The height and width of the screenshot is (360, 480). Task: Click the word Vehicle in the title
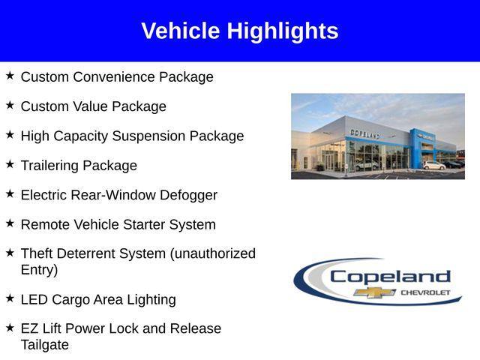point(181,31)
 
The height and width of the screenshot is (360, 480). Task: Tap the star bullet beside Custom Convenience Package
point(10,76)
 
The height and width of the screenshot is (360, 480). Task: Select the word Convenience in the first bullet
point(112,77)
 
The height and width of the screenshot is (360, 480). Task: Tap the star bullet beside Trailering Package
point(10,164)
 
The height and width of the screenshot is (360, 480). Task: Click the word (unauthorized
point(213,253)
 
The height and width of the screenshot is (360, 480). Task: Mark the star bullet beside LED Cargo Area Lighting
point(10,298)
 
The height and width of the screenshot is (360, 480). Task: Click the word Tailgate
point(44,345)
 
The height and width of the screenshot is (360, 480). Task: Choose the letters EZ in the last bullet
point(29,328)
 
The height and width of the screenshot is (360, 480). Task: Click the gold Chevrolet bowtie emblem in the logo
point(375,292)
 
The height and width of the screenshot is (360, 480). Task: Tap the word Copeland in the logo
point(390,276)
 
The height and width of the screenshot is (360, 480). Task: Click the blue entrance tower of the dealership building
point(416,147)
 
